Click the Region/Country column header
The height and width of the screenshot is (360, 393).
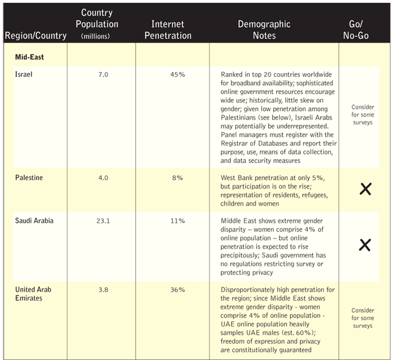[35, 36]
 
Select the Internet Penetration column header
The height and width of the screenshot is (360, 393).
[171, 30]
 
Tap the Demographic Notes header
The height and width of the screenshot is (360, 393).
[264, 30]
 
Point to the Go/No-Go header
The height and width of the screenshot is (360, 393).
[359, 30]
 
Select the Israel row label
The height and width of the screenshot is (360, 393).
[24, 74]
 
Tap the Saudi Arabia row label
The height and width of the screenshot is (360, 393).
[35, 221]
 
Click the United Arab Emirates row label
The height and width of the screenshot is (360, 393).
[34, 294]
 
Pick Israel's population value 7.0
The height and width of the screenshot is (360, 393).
[102, 74]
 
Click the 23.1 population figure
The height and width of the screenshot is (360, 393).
[102, 221]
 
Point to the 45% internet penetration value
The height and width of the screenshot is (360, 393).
[177, 74]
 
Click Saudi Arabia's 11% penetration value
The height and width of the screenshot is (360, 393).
[177, 221]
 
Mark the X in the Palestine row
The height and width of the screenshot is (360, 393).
[365, 189]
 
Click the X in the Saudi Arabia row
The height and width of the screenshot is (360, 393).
[365, 244]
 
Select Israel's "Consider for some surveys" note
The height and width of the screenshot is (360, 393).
[362, 115]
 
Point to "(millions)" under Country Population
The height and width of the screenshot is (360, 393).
[100, 36]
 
